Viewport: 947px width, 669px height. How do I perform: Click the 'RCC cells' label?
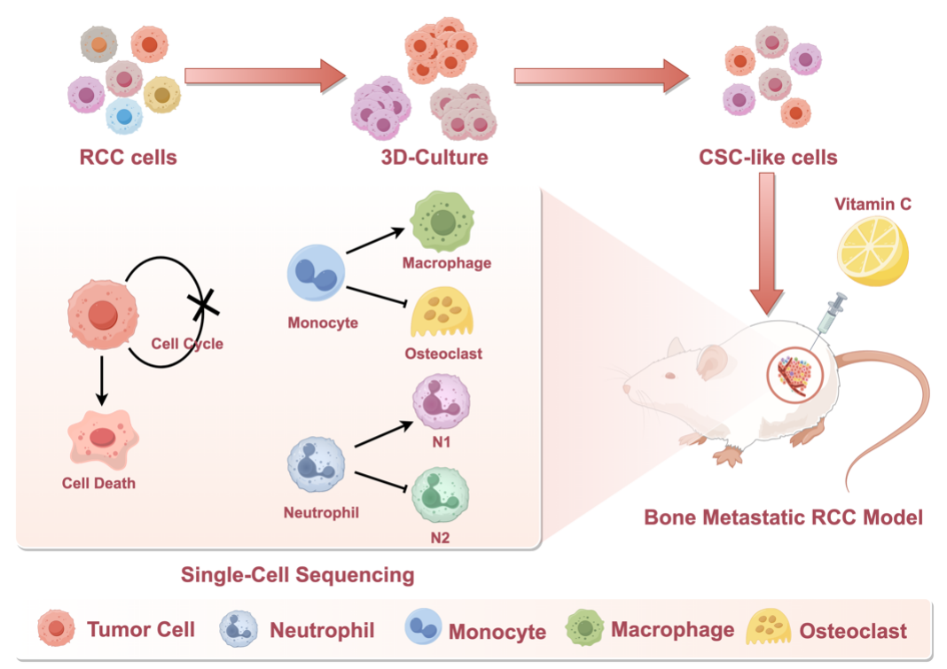[x=129, y=159]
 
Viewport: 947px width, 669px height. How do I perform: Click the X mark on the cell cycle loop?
[x=203, y=306]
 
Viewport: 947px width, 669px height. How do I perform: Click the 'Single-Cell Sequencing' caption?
[x=297, y=575]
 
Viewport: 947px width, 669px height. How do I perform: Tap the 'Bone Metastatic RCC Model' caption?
[x=783, y=517]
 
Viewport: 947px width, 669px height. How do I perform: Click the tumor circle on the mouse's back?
[x=794, y=376]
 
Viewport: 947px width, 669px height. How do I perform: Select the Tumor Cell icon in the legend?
[x=56, y=630]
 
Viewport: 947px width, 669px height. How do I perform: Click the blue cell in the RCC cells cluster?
[x=124, y=115]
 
